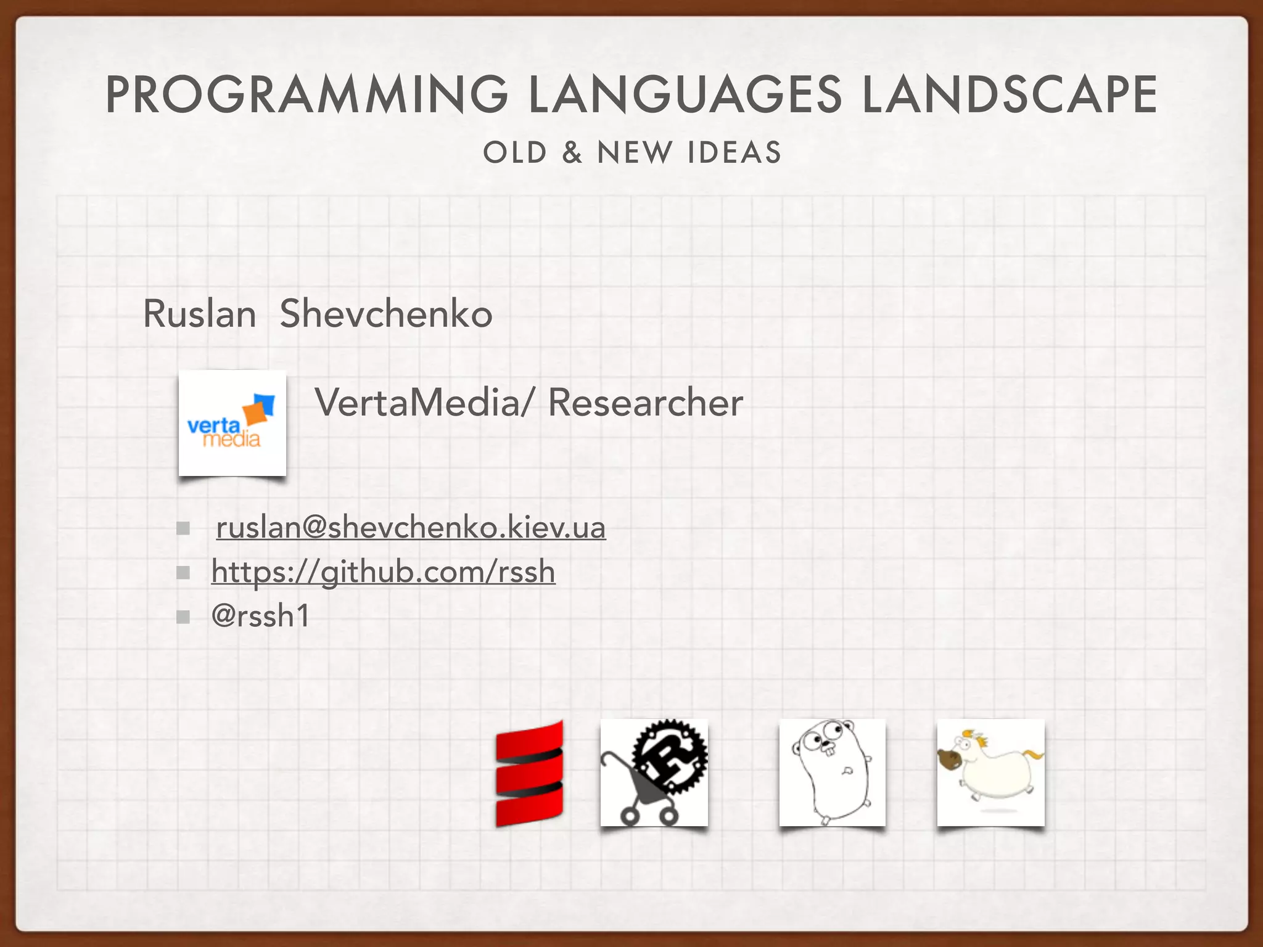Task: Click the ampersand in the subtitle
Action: [x=572, y=152]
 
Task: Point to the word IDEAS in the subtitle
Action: [x=734, y=152]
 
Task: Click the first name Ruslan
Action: [x=199, y=314]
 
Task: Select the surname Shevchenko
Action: [x=386, y=314]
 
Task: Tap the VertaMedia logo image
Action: [x=232, y=423]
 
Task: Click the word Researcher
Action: [x=645, y=403]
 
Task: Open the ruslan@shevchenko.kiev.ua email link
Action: [x=411, y=528]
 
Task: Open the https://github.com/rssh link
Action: [x=383, y=572]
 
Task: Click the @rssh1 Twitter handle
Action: [x=260, y=616]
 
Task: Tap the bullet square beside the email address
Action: [x=183, y=528]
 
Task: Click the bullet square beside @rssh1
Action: [x=183, y=617]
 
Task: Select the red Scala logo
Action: [x=530, y=773]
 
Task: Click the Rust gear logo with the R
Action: [x=672, y=756]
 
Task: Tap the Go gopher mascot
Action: [x=832, y=772]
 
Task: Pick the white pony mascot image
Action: [x=990, y=772]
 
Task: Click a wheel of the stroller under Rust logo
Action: [x=630, y=817]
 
